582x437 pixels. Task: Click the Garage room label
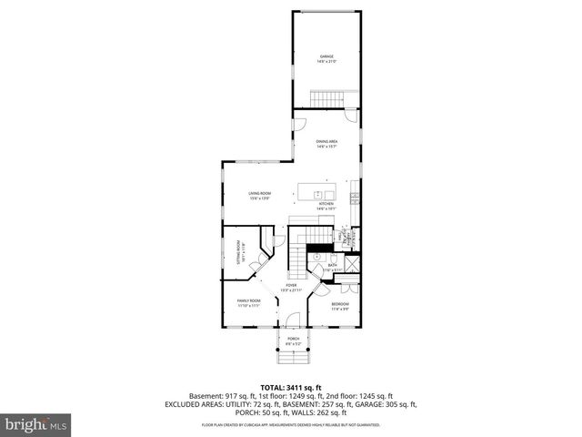point(326,59)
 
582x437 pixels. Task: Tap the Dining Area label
point(326,143)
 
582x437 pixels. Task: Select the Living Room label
point(262,195)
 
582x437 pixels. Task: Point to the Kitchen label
point(326,206)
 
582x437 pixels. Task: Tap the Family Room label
point(249,302)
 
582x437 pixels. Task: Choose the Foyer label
point(291,288)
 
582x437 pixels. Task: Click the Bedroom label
point(340,305)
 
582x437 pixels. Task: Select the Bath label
point(333,267)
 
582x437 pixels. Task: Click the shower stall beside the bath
point(352,268)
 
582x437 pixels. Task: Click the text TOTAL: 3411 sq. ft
point(291,388)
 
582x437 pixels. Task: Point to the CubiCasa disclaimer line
point(291,423)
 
